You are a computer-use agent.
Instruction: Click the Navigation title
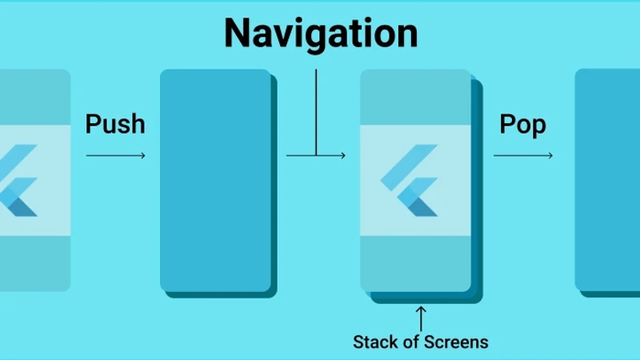pyautogui.click(x=322, y=34)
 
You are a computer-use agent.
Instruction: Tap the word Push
pyautogui.click(x=115, y=124)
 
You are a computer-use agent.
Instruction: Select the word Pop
pyautogui.click(x=523, y=125)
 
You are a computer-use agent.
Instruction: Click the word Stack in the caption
pyautogui.click(x=376, y=342)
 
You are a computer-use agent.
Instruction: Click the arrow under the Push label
pyautogui.click(x=115, y=155)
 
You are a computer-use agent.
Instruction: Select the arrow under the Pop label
pyautogui.click(x=523, y=155)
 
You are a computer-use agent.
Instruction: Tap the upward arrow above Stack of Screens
pyautogui.click(x=421, y=318)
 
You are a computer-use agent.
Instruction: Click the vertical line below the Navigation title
pyautogui.click(x=316, y=112)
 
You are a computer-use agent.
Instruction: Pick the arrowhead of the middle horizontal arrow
pyautogui.click(x=343, y=155)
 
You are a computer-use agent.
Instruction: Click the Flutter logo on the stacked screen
pyautogui.click(x=410, y=181)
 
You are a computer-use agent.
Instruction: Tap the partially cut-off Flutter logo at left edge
pyautogui.click(x=18, y=181)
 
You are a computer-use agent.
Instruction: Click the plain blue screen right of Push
pyautogui.click(x=215, y=181)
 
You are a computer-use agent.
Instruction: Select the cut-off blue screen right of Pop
pyautogui.click(x=607, y=179)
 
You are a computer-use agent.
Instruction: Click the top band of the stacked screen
pyautogui.click(x=415, y=97)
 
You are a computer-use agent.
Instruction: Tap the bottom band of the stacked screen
pyautogui.click(x=415, y=264)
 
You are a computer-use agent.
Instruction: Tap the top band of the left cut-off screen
pyautogui.click(x=35, y=97)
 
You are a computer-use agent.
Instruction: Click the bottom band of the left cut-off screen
pyautogui.click(x=35, y=264)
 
